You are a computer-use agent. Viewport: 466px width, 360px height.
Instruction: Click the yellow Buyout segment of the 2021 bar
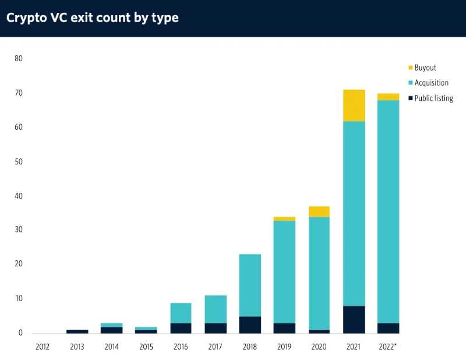pyautogui.click(x=354, y=105)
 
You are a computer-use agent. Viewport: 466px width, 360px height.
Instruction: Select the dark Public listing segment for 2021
pyautogui.click(x=354, y=319)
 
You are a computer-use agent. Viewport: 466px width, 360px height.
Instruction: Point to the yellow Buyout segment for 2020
pyautogui.click(x=319, y=211)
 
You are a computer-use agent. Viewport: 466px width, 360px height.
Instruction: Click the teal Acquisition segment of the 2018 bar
pyautogui.click(x=250, y=285)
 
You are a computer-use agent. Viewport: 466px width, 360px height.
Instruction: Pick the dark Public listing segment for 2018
pyautogui.click(x=250, y=324)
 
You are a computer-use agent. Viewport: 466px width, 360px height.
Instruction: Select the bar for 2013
pyautogui.click(x=77, y=331)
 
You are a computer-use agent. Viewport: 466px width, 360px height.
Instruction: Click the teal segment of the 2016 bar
pyautogui.click(x=181, y=313)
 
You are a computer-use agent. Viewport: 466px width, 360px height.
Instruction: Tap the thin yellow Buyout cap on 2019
pyautogui.click(x=285, y=219)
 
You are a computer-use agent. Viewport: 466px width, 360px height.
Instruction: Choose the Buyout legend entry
pyautogui.click(x=425, y=68)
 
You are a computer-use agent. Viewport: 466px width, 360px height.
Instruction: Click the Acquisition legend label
pyautogui.click(x=432, y=83)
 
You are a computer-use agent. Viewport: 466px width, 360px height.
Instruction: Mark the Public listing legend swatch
pyautogui.click(x=410, y=98)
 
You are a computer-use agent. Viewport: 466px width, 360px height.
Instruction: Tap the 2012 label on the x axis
pyautogui.click(x=43, y=347)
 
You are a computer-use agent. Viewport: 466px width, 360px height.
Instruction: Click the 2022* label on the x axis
pyautogui.click(x=389, y=347)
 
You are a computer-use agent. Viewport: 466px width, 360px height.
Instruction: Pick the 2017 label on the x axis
pyautogui.click(x=216, y=347)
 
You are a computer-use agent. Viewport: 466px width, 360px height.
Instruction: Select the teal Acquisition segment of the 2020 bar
pyautogui.click(x=319, y=273)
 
